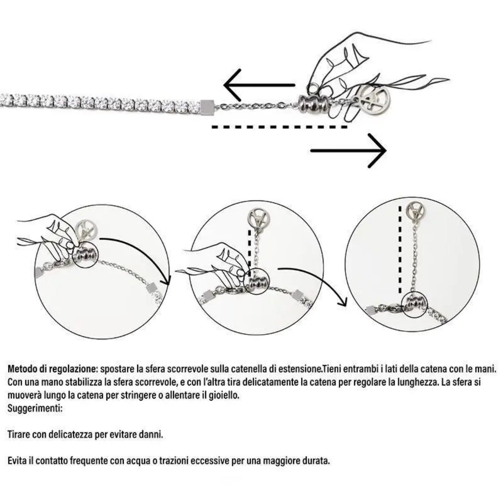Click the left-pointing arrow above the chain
point(259,85)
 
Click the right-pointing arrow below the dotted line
point(348,150)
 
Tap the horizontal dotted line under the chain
point(279,127)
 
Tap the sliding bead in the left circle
point(85,256)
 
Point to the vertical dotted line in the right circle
point(400,250)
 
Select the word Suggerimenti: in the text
point(35,408)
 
